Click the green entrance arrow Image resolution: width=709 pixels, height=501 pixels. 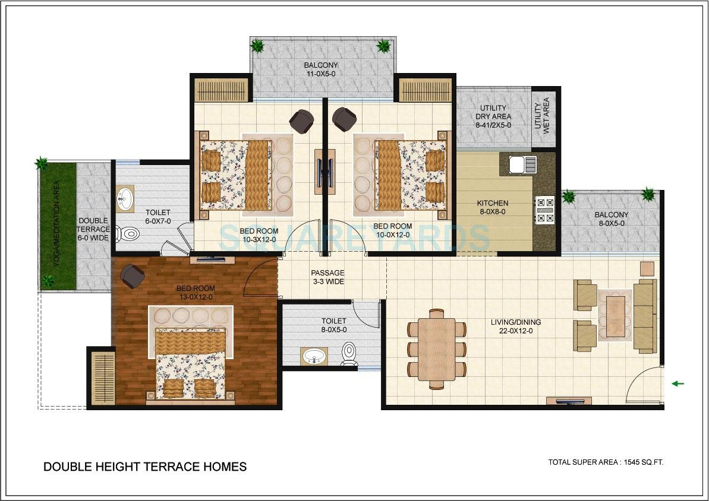coord(678,384)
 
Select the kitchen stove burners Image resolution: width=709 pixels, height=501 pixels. coord(544,210)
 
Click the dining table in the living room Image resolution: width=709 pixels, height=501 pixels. coord(436,349)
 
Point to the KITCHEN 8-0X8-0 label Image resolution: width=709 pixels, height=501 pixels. coord(493,207)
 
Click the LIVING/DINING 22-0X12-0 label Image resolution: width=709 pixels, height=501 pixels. coord(516,326)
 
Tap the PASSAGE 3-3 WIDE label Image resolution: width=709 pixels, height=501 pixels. coord(327,277)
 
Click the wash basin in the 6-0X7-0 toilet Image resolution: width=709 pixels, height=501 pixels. coord(125,199)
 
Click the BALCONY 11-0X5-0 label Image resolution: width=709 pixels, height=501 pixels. coord(321,69)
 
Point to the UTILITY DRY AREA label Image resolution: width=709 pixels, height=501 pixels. coord(493,116)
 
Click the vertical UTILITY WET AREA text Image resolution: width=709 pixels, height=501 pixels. coord(543,117)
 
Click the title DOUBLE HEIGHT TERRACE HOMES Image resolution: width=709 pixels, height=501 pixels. coord(145,467)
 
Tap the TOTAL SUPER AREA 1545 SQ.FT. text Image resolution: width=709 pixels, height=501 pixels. coord(606,462)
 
